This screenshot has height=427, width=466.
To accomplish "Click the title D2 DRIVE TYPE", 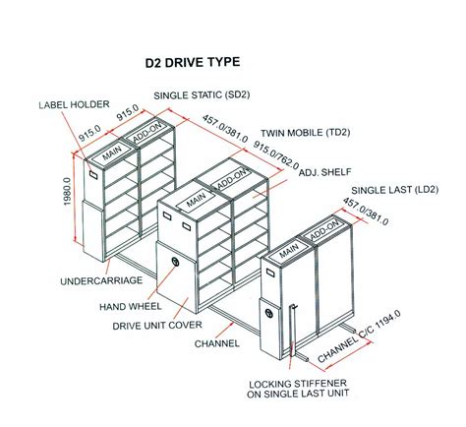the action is (193, 62).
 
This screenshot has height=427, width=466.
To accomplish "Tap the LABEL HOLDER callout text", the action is (74, 104).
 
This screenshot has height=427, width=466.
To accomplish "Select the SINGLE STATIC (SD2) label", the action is (202, 95).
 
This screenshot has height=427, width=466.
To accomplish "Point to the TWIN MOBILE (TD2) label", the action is (306, 133).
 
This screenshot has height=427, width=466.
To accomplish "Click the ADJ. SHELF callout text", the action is (324, 172).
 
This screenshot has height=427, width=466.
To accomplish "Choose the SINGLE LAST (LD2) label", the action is (395, 190).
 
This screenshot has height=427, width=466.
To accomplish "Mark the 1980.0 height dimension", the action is (67, 191).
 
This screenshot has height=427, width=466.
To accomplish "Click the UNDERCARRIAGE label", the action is (101, 280).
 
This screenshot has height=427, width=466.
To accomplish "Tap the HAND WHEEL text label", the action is (131, 307).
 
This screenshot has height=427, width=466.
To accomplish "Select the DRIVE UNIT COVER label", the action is (157, 326).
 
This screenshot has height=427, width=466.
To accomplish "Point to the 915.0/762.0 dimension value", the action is (276, 155).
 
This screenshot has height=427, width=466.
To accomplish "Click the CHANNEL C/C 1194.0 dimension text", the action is (359, 336).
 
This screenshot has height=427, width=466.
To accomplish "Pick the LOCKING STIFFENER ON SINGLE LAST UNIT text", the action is (298, 389).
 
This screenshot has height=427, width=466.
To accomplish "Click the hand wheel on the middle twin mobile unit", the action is (175, 262).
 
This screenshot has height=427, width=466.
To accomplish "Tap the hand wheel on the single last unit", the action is (269, 313).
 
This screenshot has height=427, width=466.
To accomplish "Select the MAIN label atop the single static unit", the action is (112, 152).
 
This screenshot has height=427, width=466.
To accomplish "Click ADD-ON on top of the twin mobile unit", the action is (231, 179).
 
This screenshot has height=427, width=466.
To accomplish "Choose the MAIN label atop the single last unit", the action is (289, 250).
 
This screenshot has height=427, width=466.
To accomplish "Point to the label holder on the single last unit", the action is (270, 273).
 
